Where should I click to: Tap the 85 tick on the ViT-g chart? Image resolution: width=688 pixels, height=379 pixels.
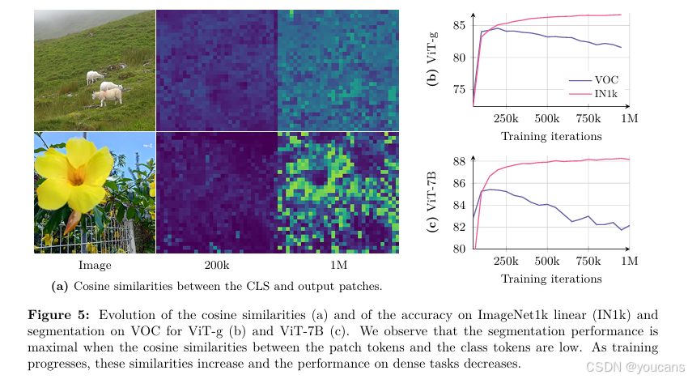click(x=459, y=25)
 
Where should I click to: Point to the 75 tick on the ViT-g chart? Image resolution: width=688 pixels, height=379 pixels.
click(x=459, y=90)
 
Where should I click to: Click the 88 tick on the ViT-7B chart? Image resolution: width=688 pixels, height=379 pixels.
click(x=459, y=161)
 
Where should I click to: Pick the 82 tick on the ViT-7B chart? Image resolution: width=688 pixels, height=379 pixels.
click(x=459, y=227)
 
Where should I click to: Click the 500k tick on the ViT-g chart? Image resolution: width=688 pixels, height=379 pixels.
click(x=547, y=118)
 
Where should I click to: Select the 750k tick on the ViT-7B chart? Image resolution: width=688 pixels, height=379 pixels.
click(x=588, y=262)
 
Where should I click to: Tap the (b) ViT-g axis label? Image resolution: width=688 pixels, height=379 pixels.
click(x=432, y=58)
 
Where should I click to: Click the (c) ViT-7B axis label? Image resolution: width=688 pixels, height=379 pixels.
click(x=432, y=201)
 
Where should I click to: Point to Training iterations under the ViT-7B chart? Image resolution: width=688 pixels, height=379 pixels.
click(x=551, y=279)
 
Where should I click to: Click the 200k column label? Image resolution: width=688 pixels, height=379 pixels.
click(x=217, y=266)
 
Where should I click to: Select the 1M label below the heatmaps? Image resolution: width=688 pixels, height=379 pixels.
click(x=338, y=266)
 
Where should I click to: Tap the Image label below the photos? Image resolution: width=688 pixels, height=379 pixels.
click(x=95, y=266)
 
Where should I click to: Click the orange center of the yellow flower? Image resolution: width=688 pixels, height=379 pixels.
click(x=76, y=175)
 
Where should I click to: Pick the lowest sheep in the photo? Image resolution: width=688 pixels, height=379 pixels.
click(x=107, y=96)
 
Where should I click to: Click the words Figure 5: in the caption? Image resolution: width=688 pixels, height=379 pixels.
click(x=59, y=315)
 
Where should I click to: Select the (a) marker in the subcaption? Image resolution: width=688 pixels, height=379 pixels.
click(x=60, y=287)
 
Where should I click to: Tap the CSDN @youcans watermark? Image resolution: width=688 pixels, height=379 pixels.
click(x=635, y=367)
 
